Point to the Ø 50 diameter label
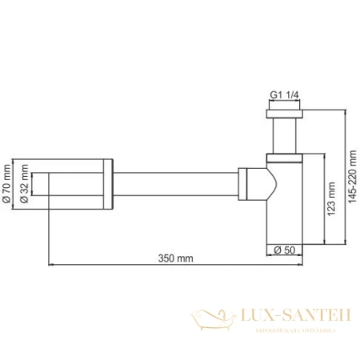[283, 249]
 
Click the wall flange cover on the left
[80, 186]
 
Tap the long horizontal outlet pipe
[176, 186]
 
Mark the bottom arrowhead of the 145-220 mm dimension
[346, 239]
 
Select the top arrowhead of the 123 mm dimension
[322, 154]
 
